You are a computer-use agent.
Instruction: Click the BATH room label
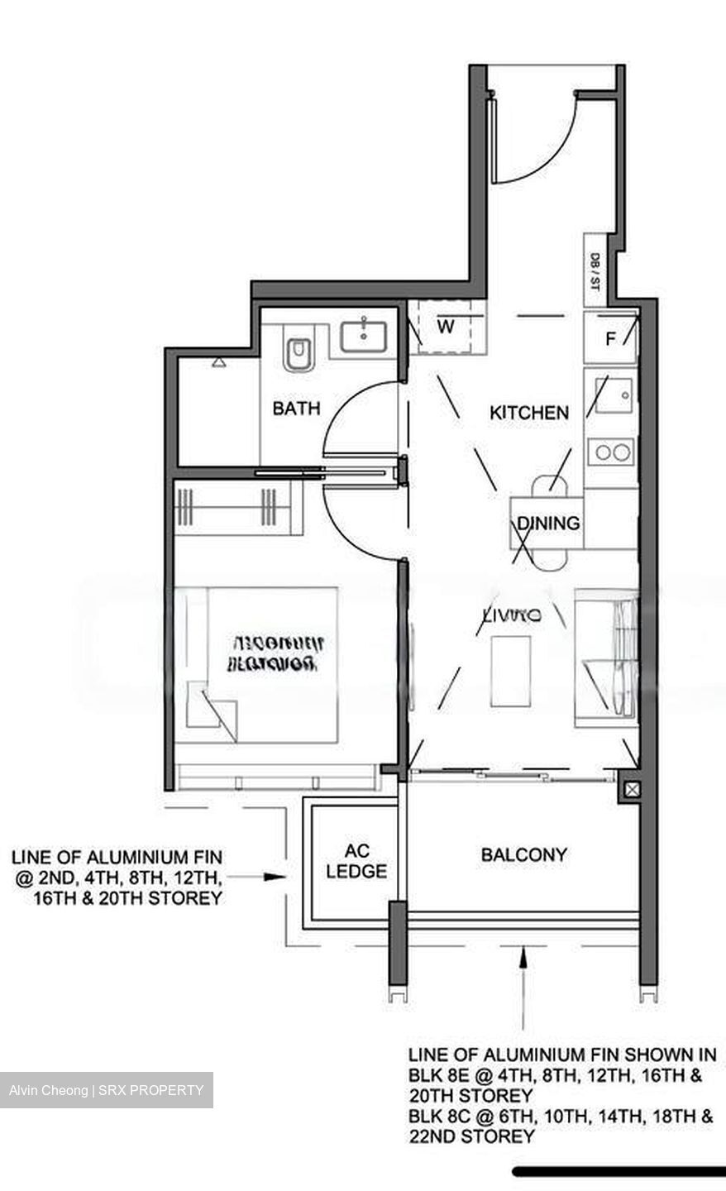pos(296,408)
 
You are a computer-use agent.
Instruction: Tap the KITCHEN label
pos(529,412)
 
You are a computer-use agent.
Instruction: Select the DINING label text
pos(548,523)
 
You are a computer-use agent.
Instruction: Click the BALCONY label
pos(524,854)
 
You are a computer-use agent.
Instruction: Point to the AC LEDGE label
pos(356,861)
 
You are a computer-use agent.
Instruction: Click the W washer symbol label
pos(446,326)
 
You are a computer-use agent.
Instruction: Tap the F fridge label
pos(610,338)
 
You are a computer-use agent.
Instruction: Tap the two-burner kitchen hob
pos(611,452)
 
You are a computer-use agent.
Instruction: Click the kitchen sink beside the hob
pos(613,396)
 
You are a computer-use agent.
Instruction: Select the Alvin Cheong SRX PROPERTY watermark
pos(107,1090)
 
